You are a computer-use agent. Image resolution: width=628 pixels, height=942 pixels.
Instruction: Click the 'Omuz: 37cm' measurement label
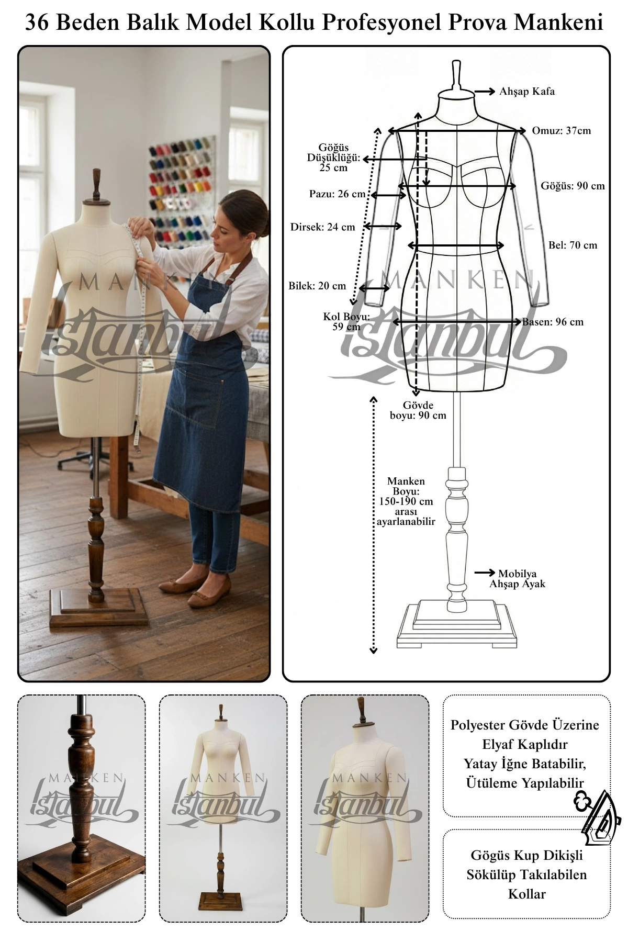[561, 131]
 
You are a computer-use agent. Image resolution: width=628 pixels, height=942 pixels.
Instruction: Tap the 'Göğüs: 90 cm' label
[573, 186]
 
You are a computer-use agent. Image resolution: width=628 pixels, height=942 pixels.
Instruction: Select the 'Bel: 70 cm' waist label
[573, 245]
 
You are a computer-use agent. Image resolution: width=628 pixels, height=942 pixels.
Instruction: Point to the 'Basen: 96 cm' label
[553, 322]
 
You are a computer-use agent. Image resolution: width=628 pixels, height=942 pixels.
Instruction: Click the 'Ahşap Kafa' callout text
[527, 92]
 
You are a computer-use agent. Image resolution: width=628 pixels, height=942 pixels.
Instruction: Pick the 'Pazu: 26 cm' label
[338, 194]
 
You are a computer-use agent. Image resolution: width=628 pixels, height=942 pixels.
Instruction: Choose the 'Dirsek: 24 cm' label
[322, 227]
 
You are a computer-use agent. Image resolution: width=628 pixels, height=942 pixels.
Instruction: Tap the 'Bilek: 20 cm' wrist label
[317, 286]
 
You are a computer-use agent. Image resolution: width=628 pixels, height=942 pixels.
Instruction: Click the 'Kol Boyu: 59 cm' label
[346, 322]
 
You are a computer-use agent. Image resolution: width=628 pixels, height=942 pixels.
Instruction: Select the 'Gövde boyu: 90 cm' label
[418, 410]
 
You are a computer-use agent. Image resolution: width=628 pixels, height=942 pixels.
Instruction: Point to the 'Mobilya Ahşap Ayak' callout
[517, 579]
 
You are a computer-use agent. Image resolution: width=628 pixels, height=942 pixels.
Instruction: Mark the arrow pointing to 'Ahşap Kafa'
[485, 92]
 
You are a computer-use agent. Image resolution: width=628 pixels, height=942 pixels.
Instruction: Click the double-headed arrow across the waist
[456, 245]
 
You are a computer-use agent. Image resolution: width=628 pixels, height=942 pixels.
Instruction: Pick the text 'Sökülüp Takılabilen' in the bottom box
[526, 874]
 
